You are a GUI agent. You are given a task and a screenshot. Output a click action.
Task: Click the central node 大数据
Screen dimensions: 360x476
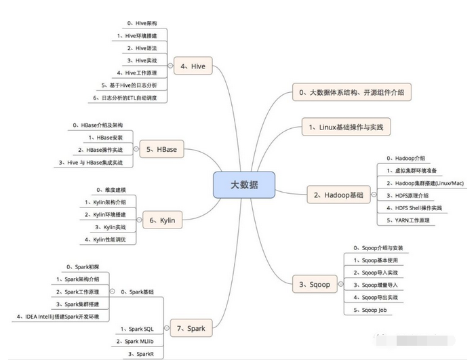(244, 184)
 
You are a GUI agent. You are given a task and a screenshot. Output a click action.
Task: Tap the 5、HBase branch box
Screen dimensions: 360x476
(161, 148)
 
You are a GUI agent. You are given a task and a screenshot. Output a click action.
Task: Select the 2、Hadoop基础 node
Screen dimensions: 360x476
(338, 195)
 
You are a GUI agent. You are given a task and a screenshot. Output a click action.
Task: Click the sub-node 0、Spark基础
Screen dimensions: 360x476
(137, 291)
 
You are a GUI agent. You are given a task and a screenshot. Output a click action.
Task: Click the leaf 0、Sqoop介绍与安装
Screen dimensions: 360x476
(378, 248)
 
